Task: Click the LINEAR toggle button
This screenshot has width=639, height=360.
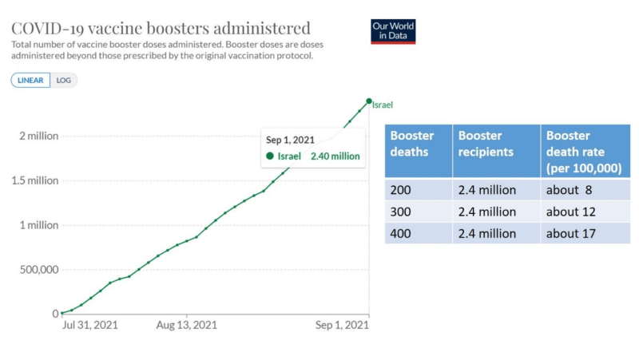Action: pos(30,81)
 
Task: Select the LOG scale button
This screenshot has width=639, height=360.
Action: pos(64,81)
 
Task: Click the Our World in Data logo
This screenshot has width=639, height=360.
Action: pos(393,31)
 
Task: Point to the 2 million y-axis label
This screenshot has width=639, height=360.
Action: pos(38,136)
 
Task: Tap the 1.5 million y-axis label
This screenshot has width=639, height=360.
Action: pos(35,180)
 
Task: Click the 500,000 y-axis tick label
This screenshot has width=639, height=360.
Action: pos(39,270)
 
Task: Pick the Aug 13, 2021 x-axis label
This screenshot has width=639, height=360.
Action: pos(187,325)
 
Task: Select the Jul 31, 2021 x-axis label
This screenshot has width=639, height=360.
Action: pos(90,325)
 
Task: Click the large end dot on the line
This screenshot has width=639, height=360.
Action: pos(369,101)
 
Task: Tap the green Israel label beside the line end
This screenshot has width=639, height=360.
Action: pos(383,105)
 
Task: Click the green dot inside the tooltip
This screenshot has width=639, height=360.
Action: pos(270,156)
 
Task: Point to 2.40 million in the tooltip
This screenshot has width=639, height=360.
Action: pos(335,156)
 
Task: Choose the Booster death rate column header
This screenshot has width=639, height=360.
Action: pos(585,151)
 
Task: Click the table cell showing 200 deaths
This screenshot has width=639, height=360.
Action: pos(419,190)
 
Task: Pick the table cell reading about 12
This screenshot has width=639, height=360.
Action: pos(585,212)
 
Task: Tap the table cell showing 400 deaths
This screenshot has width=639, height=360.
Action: pos(419,233)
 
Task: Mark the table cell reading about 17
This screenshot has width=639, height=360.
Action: pos(585,233)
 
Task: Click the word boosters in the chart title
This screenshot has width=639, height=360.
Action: pos(177,29)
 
